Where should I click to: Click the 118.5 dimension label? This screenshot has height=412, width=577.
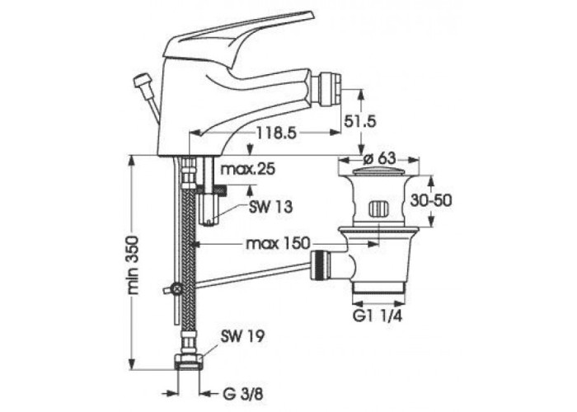[276, 133]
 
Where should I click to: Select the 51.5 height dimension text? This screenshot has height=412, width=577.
[360, 121]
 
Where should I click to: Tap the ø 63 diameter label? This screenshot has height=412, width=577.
[379, 158]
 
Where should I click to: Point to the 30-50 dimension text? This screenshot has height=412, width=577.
[431, 200]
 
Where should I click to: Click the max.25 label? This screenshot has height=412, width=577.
[247, 169]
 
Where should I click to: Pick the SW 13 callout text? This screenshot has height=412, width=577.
[271, 207]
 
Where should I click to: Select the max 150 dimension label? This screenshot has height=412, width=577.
[278, 243]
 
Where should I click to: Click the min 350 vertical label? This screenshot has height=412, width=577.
[134, 265]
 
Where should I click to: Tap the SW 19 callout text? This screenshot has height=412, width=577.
[242, 336]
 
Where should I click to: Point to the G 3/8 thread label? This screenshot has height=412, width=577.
[243, 395]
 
